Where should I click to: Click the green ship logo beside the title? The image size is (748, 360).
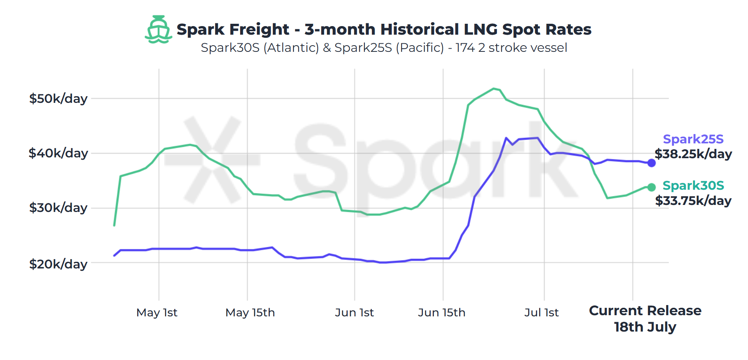coord(158,29)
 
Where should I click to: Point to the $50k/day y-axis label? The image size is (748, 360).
coord(58,99)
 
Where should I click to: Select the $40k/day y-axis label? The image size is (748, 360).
coord(58,153)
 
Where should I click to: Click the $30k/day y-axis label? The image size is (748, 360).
coord(58,208)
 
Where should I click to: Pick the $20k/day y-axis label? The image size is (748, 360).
coord(58,264)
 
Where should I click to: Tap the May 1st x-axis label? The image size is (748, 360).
coord(157,312)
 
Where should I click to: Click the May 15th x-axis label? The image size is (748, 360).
coord(250,312)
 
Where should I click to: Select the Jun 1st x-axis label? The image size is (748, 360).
coord(354,312)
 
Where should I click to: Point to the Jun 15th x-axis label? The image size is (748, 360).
coord(441,312)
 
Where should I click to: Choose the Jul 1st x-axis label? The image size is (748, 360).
coord(541,312)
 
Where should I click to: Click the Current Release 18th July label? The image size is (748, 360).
coord(645,319)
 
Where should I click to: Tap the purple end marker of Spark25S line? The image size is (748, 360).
coord(651,163)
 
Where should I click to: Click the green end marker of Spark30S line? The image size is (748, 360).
coord(651,187)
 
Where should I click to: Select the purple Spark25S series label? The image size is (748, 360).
coord(693,139)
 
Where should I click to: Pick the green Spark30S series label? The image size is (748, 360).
coord(693,185)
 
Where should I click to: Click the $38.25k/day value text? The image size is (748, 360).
coord(693,154)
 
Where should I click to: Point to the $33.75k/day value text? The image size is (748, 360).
coord(693,201)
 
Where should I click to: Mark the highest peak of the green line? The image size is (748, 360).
coord(493,89)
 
